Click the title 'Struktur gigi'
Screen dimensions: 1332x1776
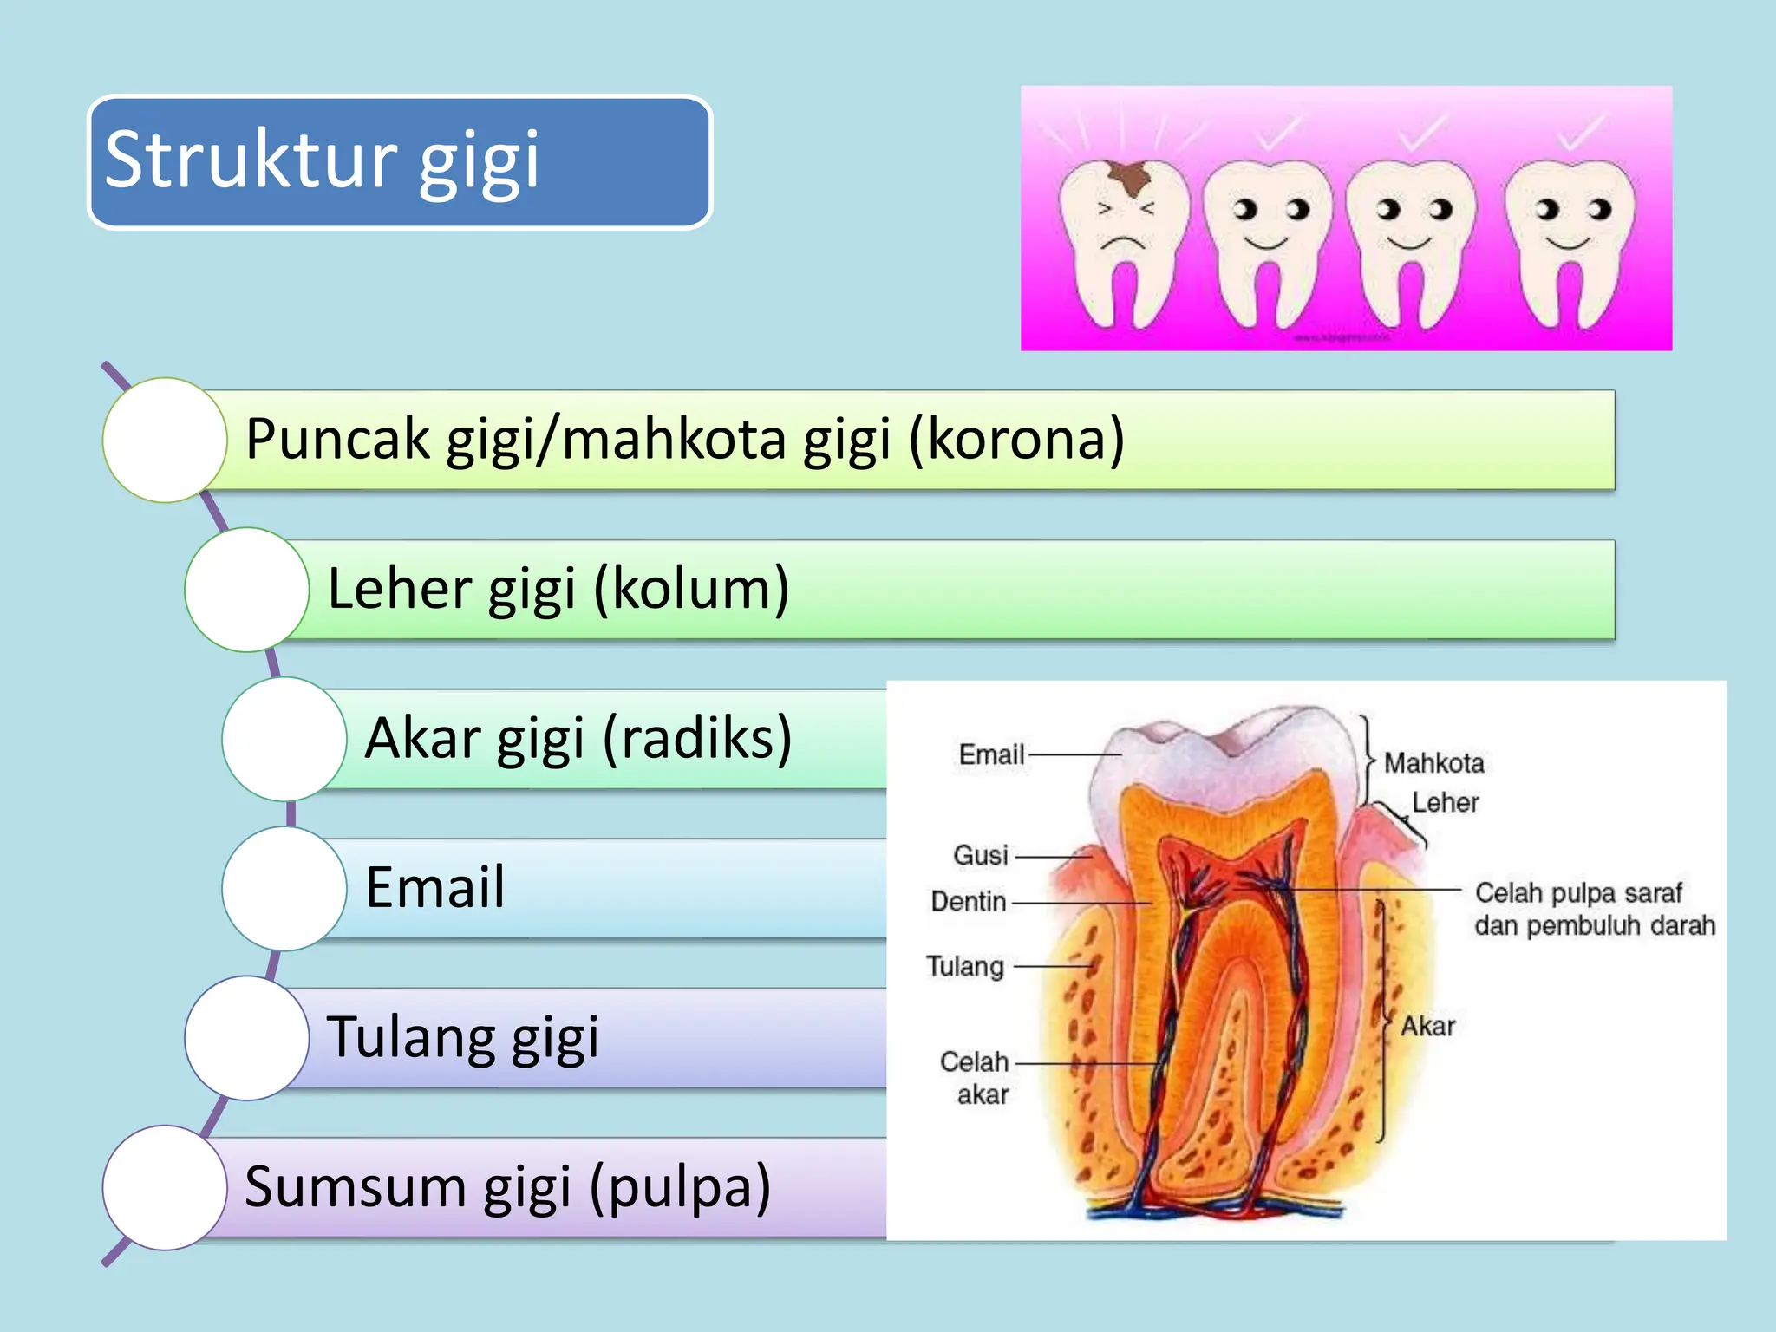click(x=323, y=160)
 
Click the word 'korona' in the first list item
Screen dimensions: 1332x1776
click(x=1015, y=439)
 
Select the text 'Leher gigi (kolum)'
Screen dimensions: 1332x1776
click(x=558, y=590)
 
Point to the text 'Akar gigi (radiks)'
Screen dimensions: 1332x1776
click(x=578, y=739)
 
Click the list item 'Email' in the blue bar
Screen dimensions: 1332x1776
click(x=435, y=888)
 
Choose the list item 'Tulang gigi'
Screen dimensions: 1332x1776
click(x=463, y=1038)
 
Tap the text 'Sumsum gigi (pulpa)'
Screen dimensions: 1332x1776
click(x=508, y=1187)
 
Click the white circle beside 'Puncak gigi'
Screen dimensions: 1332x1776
click(x=165, y=440)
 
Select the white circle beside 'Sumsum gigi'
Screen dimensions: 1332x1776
click(x=165, y=1187)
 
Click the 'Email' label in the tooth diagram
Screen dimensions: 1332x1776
click(x=991, y=754)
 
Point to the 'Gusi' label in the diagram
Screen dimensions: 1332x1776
click(x=981, y=855)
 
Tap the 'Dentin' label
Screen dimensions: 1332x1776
click(x=969, y=902)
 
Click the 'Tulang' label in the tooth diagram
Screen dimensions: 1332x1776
click(x=965, y=966)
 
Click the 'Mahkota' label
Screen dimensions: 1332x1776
click(x=1433, y=763)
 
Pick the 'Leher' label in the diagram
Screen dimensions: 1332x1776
click(x=1445, y=802)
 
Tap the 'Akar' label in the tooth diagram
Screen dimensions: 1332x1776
click(x=1428, y=1027)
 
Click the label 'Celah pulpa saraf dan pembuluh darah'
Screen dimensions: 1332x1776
click(x=1594, y=909)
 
